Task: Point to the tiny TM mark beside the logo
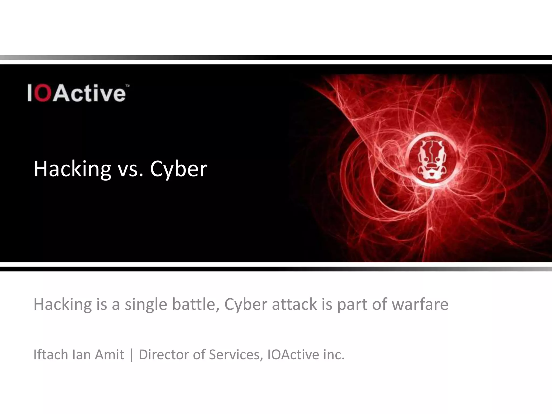click(x=128, y=86)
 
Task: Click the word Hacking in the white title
click(x=72, y=169)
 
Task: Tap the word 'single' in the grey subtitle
click(x=146, y=305)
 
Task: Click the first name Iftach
click(x=51, y=354)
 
